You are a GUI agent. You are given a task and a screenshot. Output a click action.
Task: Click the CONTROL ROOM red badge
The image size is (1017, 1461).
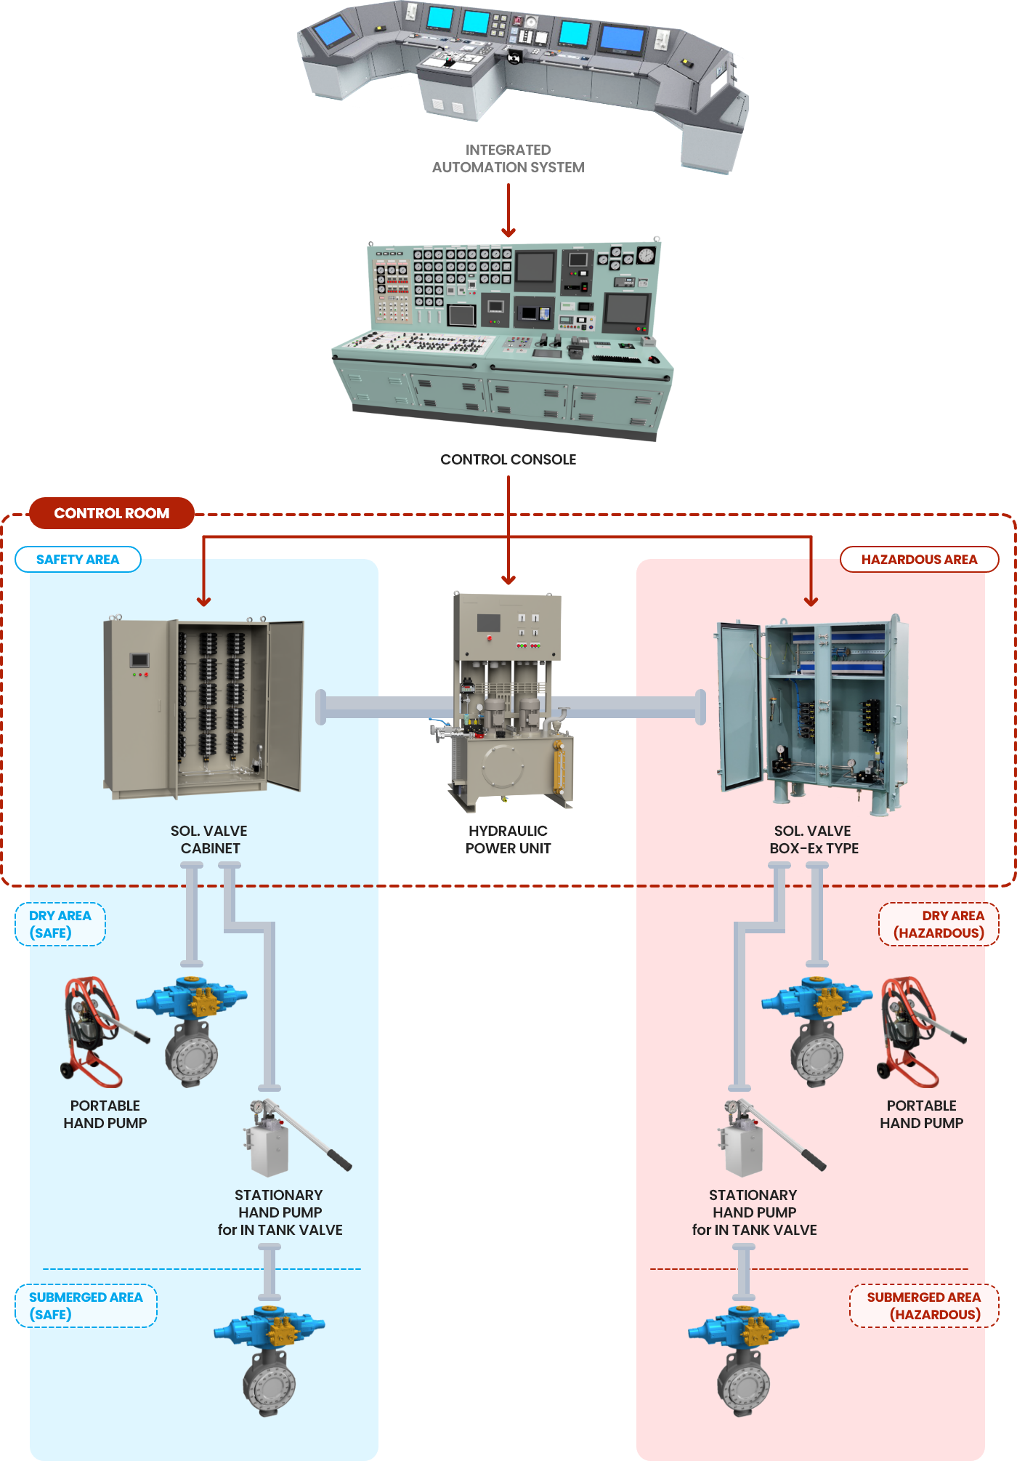(112, 513)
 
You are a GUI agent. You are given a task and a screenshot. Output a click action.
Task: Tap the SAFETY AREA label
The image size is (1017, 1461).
(78, 560)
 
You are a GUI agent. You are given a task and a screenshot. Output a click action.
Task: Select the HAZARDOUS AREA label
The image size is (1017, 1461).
(919, 560)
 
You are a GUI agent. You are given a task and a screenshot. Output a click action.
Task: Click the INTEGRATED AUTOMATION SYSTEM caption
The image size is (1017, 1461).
(508, 158)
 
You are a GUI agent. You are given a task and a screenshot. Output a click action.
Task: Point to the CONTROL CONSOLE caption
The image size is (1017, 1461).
(508, 459)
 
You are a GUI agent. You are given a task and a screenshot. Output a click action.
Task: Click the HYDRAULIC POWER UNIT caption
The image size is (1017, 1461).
(508, 840)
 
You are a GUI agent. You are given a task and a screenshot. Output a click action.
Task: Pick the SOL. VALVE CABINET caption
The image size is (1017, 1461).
(209, 840)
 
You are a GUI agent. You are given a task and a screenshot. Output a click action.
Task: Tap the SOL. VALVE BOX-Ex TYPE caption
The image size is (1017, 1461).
(814, 840)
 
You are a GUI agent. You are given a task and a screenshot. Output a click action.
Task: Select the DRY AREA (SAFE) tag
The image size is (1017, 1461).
(60, 924)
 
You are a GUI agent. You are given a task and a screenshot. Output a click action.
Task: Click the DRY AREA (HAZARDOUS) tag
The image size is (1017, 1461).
(939, 924)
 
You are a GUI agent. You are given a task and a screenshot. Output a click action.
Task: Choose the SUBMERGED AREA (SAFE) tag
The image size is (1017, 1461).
(86, 1305)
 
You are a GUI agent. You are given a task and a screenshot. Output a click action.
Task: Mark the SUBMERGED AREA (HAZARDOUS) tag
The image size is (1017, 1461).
(924, 1305)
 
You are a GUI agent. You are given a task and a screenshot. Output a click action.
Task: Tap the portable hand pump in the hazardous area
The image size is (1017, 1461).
(917, 1032)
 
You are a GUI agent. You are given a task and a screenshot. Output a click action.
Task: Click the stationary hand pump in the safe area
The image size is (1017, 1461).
(291, 1138)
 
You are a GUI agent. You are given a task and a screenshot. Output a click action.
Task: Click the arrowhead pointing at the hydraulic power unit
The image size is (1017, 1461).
(508, 580)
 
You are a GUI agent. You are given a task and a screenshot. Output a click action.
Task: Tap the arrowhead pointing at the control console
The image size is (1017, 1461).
(508, 233)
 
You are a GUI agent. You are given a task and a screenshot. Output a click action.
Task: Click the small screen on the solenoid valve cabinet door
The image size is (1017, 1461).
(139, 660)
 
